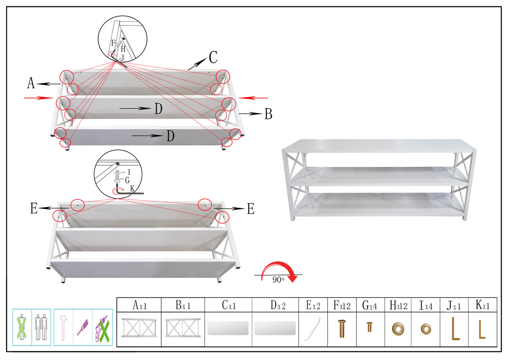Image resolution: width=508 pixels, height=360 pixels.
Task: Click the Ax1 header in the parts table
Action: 140,305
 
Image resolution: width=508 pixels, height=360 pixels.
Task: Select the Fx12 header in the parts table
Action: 342,305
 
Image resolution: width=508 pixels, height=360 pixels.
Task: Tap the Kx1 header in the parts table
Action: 482,305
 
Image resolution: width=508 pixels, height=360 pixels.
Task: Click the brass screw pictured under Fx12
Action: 342,329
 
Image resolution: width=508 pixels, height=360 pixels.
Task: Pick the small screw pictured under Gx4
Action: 370,327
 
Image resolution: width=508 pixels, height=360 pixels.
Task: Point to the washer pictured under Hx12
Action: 398,329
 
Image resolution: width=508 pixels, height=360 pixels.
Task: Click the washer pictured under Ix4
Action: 426,329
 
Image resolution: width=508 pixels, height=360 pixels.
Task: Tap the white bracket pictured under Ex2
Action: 313,329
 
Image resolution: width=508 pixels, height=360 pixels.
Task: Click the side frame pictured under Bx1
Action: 183,328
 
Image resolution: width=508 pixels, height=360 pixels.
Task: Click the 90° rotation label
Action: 278,280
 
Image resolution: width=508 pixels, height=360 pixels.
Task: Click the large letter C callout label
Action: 213,57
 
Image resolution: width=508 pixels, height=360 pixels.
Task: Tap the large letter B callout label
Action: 268,114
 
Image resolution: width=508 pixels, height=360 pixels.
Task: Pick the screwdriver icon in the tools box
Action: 83,327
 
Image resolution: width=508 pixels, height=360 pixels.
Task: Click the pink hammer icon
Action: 63,328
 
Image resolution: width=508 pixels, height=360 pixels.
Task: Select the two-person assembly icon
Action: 41,327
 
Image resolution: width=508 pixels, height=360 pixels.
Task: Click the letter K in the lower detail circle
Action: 133,188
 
